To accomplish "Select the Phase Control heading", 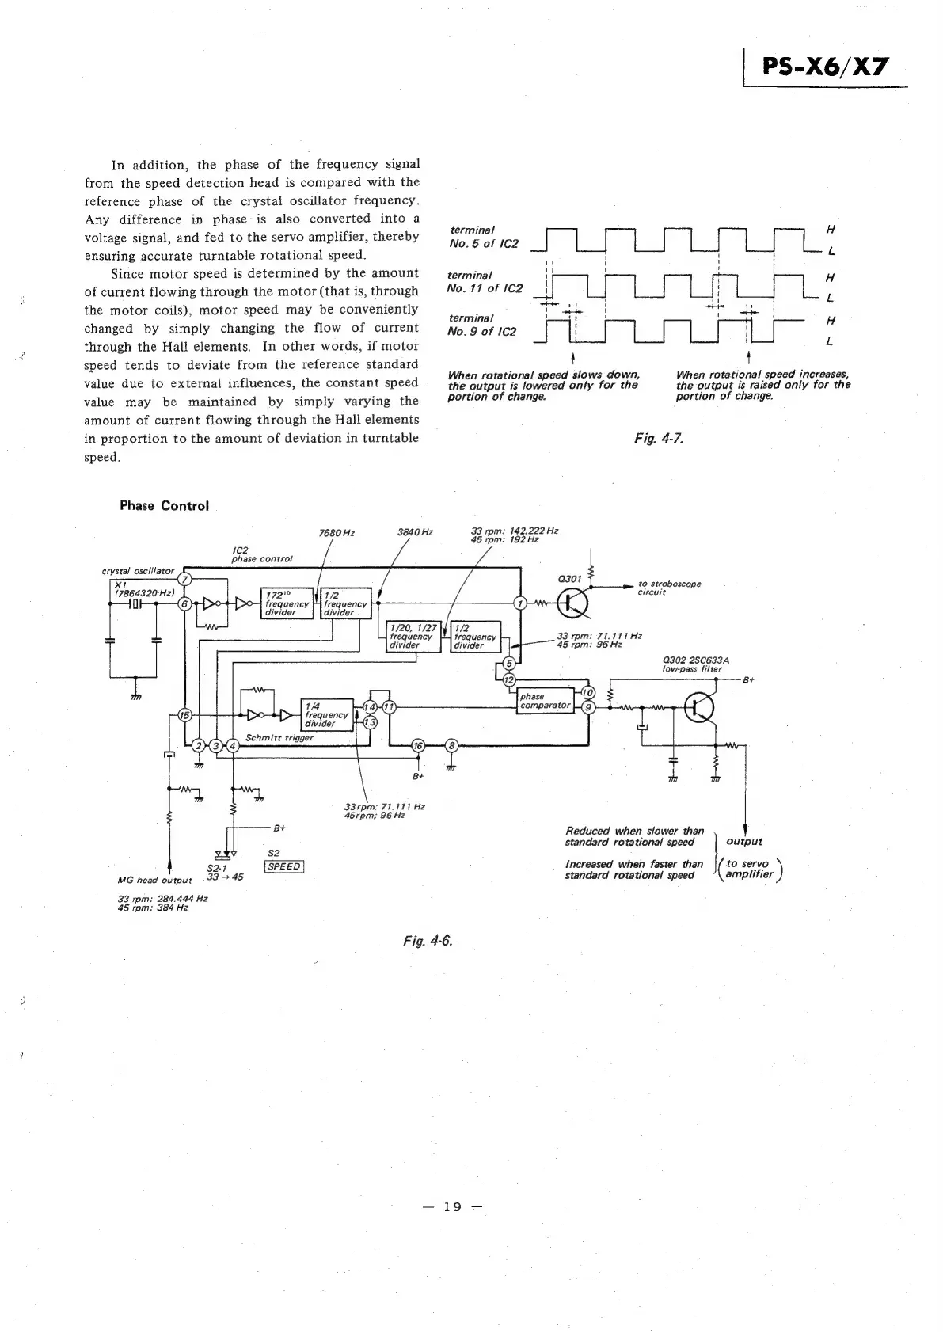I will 164,506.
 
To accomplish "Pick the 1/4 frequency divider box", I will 327,714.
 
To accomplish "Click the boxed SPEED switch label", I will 283,866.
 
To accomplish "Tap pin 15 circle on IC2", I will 184,715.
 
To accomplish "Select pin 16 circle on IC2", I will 418,745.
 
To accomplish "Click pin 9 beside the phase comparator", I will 587,707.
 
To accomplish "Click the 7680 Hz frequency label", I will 336,533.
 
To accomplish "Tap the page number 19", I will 452,1207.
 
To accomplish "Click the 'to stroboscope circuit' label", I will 669,588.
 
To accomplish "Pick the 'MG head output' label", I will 154,880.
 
